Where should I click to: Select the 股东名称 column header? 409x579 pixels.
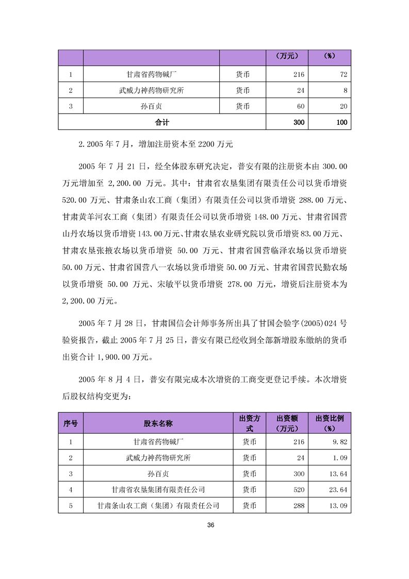coord(158,423)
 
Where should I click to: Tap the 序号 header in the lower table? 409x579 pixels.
coord(71,423)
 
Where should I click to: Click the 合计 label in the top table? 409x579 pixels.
coord(162,122)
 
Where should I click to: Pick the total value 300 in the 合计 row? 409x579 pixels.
coord(299,122)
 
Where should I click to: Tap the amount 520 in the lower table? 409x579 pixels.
coord(299,489)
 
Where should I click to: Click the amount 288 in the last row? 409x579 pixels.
coord(299,506)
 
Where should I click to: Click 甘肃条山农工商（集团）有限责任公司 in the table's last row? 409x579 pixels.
coord(158,506)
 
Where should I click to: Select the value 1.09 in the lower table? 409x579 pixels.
coord(341,457)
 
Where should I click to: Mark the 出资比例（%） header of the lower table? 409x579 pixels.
coord(330,423)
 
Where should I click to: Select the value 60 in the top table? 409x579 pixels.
coord(300,106)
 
